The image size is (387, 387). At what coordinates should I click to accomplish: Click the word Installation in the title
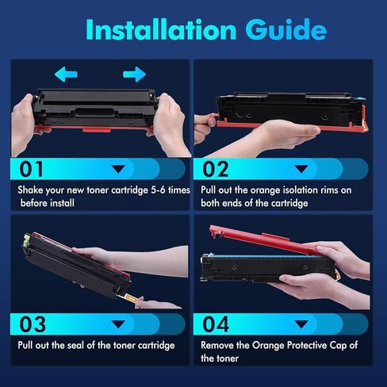(x=161, y=29)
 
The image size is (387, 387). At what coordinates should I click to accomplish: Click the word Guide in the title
(x=286, y=29)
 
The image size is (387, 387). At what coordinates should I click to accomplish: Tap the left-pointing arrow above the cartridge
(x=66, y=74)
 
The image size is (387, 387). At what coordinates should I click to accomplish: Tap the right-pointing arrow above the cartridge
(x=134, y=74)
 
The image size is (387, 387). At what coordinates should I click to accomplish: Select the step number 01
(x=31, y=169)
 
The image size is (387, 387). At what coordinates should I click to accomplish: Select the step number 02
(x=216, y=169)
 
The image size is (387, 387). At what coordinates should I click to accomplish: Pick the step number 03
(x=33, y=324)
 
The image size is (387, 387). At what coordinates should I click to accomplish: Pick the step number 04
(x=216, y=324)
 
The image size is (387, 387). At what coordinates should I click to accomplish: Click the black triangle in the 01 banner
(x=118, y=169)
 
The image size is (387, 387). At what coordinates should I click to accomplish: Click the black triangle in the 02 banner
(x=301, y=169)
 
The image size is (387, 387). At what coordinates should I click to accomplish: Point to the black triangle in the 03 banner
(x=118, y=324)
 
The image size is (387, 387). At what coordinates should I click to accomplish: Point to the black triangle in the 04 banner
(x=301, y=324)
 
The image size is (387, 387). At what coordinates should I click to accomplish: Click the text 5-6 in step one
(x=158, y=190)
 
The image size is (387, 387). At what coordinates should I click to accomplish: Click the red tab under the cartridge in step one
(x=97, y=129)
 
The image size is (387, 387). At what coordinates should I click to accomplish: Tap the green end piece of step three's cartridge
(x=27, y=239)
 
